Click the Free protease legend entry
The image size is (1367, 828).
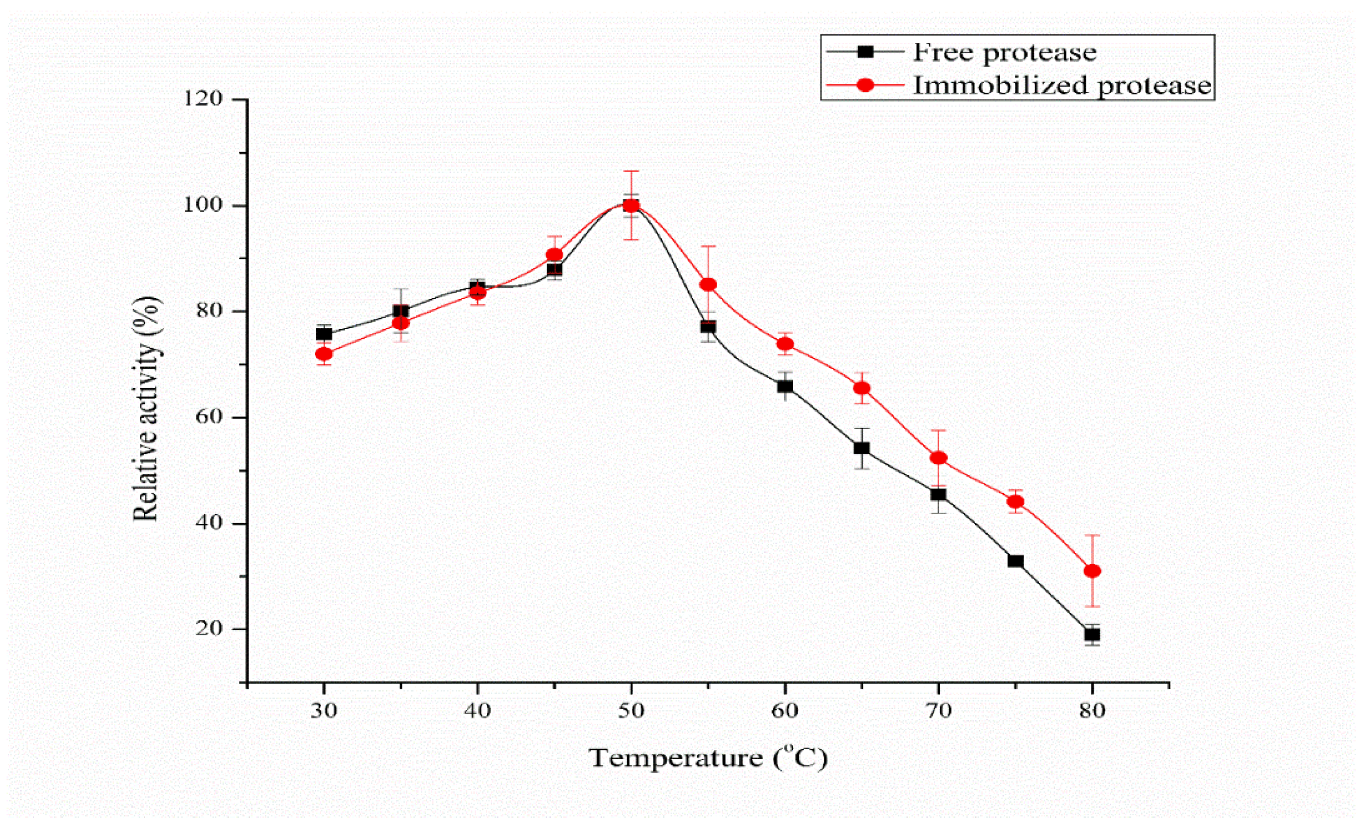point(1004,53)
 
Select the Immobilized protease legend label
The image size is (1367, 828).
point(1062,85)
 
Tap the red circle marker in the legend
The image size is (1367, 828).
point(866,85)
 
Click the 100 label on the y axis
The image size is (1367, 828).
point(203,205)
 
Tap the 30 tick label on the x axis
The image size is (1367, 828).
point(324,711)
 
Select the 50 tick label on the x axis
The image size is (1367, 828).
point(631,711)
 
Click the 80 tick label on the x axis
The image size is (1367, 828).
point(1092,711)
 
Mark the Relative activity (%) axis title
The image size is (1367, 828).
point(147,409)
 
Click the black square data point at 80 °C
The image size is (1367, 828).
point(1092,635)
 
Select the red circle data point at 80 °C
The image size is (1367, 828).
point(1092,571)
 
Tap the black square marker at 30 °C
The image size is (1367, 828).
point(324,334)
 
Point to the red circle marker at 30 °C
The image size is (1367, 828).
point(324,354)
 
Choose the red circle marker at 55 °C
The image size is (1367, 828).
point(708,285)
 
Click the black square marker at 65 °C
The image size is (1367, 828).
point(861,448)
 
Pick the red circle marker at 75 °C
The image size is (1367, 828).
point(1015,502)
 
